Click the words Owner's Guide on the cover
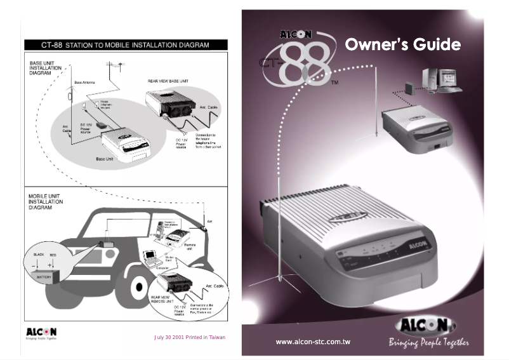click(402, 45)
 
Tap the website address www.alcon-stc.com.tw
click(313, 342)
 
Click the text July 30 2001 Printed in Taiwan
click(190, 337)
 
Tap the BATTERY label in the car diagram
click(44, 277)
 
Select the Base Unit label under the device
click(105, 159)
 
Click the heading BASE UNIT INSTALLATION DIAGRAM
click(45, 68)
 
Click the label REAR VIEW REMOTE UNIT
click(163, 299)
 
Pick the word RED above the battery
click(53, 254)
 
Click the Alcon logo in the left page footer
click(41, 333)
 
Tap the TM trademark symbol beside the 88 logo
click(334, 83)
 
